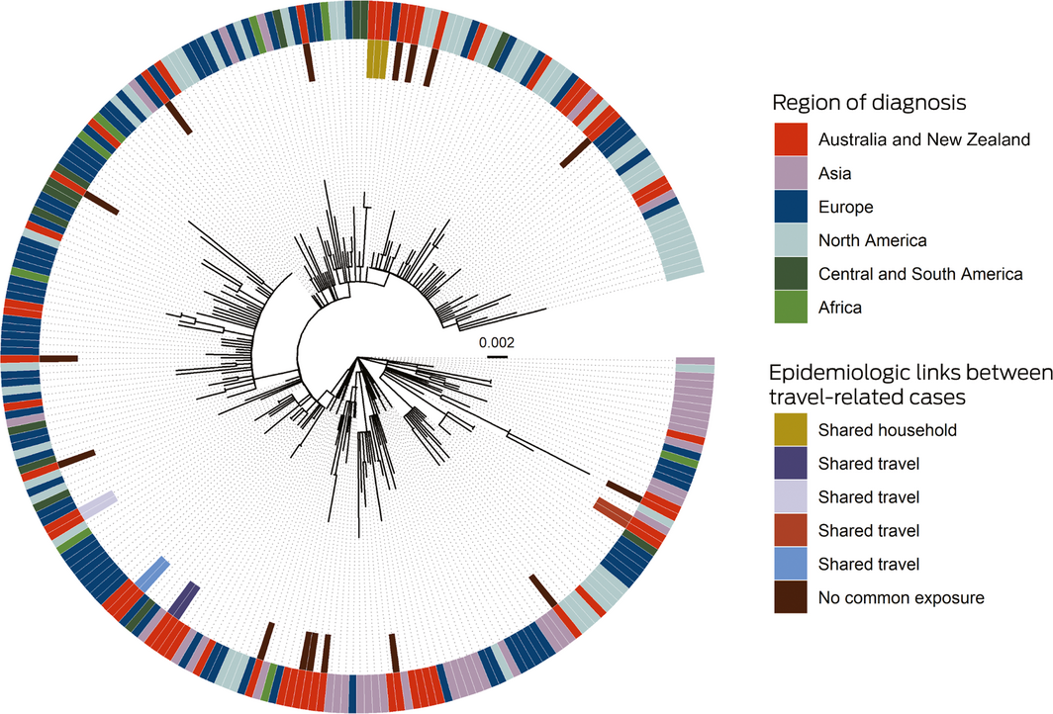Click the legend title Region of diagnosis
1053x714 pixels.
coord(869,103)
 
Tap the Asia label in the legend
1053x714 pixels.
coord(834,174)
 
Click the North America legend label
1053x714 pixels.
coord(872,240)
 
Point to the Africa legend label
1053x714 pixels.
coord(840,308)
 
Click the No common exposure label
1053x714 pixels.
coord(901,598)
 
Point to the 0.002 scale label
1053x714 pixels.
coord(497,342)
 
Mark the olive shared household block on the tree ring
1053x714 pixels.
coord(377,58)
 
